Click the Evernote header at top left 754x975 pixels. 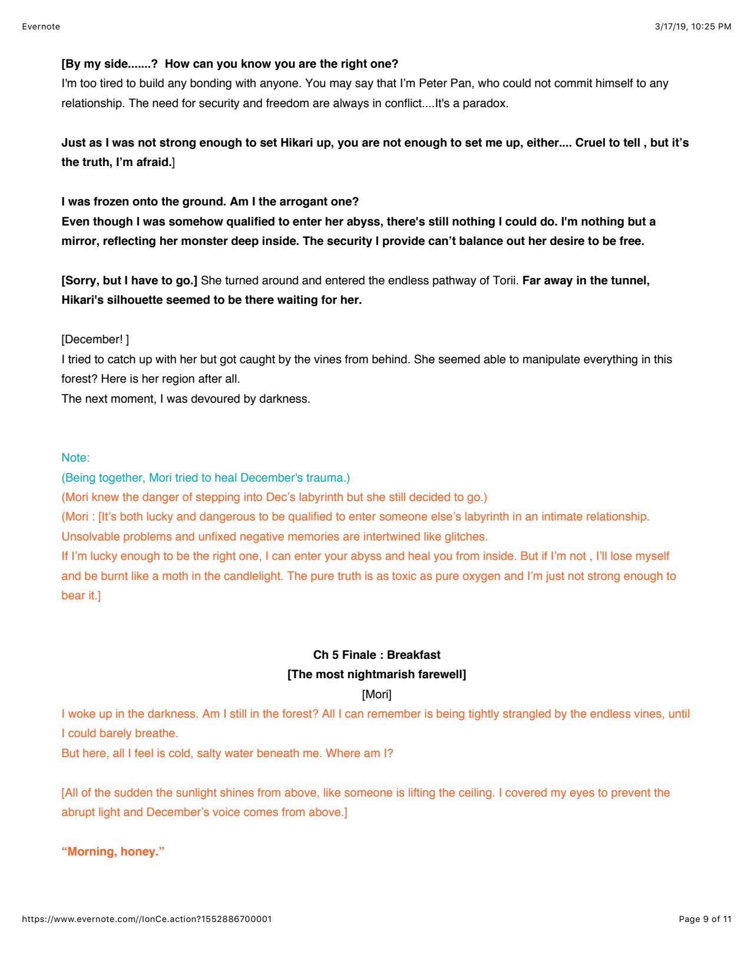(x=41, y=26)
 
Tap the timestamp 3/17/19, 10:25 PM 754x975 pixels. (x=693, y=26)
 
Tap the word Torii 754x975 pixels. (x=505, y=281)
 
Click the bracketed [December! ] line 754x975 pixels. (x=95, y=340)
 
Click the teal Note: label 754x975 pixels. (x=75, y=458)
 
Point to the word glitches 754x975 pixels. (x=462, y=537)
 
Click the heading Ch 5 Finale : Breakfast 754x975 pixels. (x=376, y=655)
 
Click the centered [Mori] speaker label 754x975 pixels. (x=376, y=695)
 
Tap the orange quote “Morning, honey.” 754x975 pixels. (x=113, y=852)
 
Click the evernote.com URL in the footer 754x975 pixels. (x=147, y=919)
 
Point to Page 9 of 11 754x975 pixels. (x=705, y=919)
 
